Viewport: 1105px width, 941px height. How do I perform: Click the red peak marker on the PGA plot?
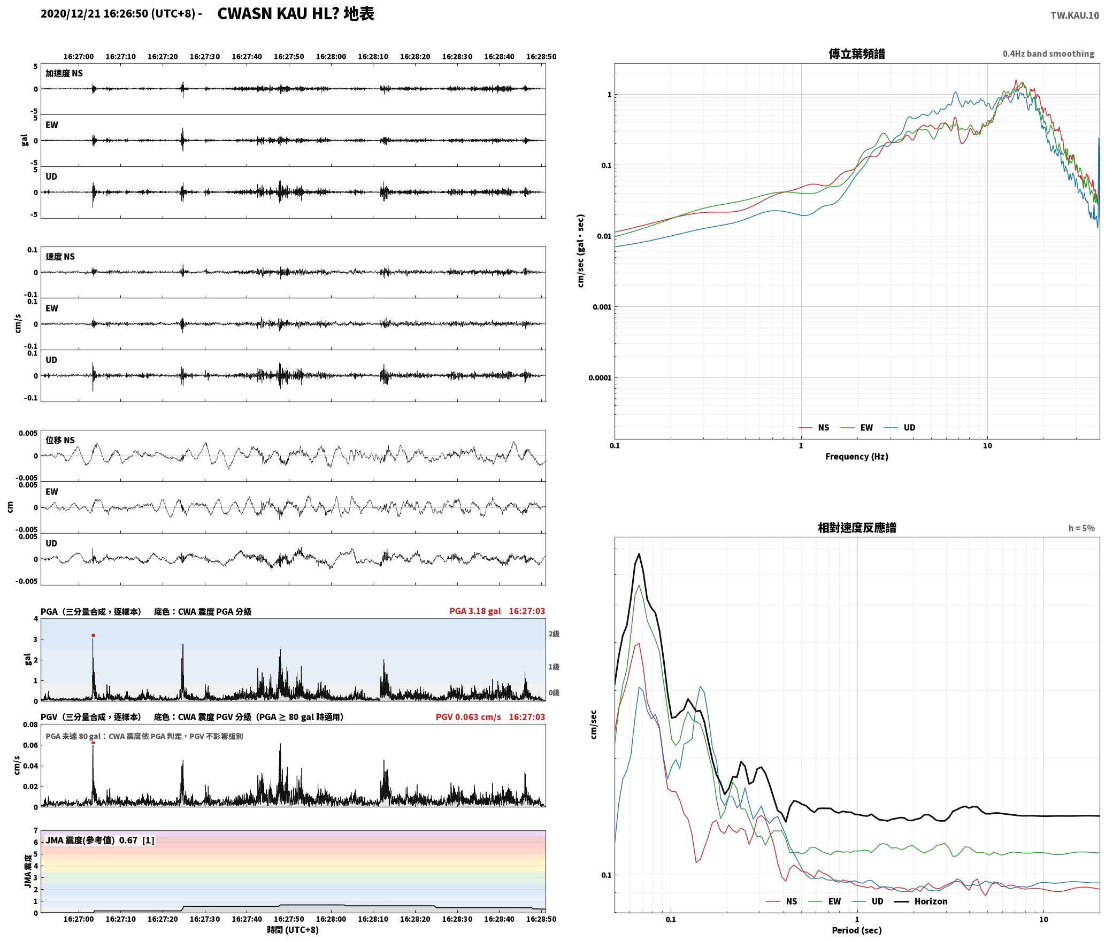(93, 636)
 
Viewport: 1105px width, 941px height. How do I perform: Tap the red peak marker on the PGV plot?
(93, 742)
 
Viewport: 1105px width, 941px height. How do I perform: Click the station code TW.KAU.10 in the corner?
(1075, 15)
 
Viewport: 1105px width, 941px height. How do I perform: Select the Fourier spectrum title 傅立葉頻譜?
(856, 53)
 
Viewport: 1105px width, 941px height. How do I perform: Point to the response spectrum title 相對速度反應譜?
(857, 528)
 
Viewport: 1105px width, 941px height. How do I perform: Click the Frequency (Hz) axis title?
(856, 456)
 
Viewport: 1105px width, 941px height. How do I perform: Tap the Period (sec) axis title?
(856, 930)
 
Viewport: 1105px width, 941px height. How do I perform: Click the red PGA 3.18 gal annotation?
(475, 611)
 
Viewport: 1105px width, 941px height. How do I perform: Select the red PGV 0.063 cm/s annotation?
(468, 717)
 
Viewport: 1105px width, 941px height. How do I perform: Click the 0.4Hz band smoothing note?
(1048, 54)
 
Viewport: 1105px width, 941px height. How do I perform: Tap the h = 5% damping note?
(1081, 528)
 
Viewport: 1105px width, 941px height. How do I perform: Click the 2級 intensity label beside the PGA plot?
(554, 634)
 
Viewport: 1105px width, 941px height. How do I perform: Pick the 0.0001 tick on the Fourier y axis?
(600, 378)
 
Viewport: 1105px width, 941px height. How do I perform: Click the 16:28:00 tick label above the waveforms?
(331, 56)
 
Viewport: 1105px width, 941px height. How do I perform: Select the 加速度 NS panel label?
(64, 73)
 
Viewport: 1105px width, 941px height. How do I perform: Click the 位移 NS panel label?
(60, 440)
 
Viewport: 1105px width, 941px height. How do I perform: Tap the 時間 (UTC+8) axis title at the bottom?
(293, 930)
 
